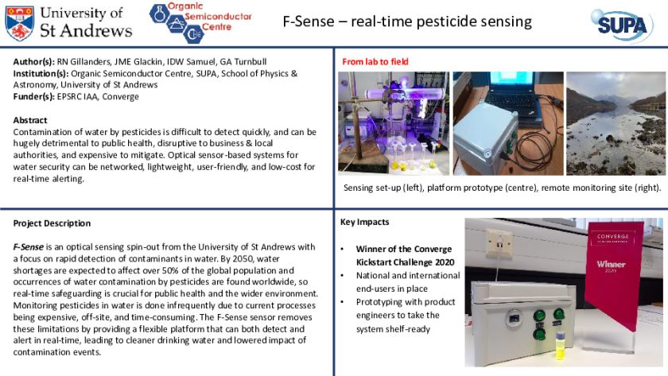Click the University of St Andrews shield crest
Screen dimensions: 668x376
[x=20, y=23]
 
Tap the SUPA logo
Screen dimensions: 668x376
[x=622, y=25]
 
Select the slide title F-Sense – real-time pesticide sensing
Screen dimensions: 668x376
[x=407, y=21]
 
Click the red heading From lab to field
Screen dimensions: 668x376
[x=375, y=62]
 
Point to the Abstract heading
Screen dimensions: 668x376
[x=30, y=120]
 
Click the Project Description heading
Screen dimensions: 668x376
[x=52, y=223]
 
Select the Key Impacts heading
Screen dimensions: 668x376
[x=365, y=222]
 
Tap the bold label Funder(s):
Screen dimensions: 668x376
[x=34, y=97]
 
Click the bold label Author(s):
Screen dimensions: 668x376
[x=34, y=62]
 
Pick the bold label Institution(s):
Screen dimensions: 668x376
[x=41, y=73]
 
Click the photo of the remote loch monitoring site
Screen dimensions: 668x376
[x=616, y=123]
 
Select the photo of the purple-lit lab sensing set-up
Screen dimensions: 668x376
[x=394, y=123]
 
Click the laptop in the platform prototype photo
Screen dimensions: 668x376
[x=516, y=91]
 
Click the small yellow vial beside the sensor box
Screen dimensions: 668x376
[x=559, y=345]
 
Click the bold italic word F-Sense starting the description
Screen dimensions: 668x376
[x=28, y=247]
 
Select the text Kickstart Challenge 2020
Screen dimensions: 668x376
[x=405, y=262]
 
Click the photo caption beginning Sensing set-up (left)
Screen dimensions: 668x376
[x=503, y=188]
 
